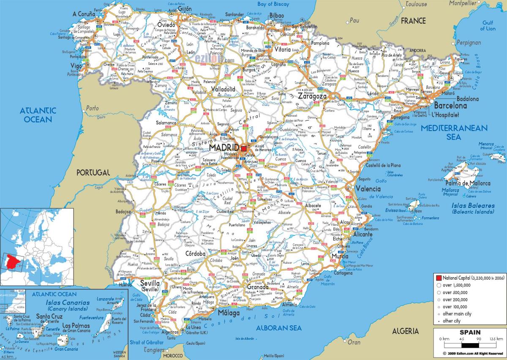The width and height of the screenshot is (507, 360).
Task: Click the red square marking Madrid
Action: pos(244,148)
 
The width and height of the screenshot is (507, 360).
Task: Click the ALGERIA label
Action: pos(405,331)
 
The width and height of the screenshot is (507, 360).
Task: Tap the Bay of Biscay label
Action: pos(273,4)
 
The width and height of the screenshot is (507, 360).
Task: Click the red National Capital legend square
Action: pos(439,278)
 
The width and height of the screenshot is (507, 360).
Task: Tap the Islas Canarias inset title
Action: pos(68,305)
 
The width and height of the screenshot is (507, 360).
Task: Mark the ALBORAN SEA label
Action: pos(279,328)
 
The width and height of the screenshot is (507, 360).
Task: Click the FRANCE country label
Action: pos(413,20)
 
